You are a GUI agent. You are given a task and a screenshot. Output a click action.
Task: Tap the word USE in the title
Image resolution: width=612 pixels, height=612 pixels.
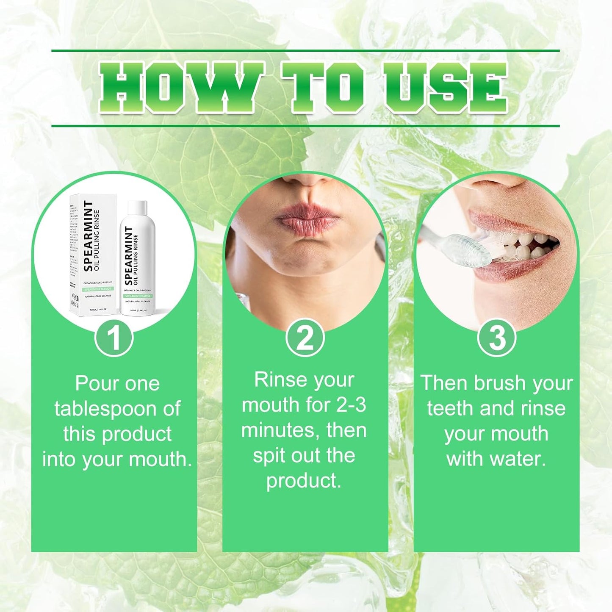(445, 88)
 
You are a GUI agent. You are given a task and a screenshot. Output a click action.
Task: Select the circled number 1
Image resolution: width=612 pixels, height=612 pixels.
(114, 338)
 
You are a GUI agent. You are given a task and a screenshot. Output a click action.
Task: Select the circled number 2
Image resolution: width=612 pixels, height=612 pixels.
(305, 338)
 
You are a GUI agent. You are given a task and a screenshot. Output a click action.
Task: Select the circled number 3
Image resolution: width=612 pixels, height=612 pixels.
(497, 338)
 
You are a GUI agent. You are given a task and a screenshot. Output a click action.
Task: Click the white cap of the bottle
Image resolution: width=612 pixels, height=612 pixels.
(137, 208)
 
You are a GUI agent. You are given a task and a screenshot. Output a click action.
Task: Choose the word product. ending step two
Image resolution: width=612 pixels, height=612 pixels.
(304, 481)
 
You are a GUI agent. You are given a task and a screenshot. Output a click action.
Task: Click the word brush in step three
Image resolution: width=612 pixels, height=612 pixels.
(500, 383)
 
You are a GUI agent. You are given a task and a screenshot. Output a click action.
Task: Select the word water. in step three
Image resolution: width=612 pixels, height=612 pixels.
(517, 459)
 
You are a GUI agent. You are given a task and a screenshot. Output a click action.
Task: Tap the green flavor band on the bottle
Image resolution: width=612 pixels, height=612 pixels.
(137, 296)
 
